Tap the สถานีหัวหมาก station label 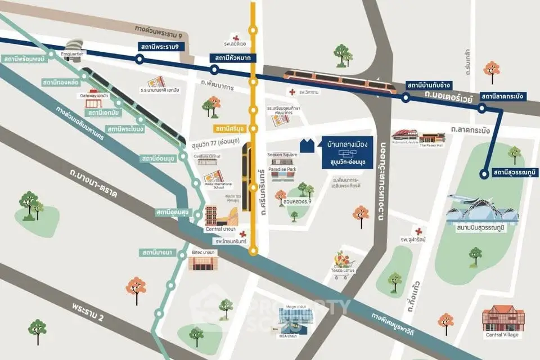pos(233,58)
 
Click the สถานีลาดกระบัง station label pos(502,97)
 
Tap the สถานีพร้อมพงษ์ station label pos(23,58)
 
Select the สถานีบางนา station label pos(157,252)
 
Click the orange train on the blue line pos(340,80)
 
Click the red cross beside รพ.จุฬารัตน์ pos(418,231)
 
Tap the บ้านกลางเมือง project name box pos(347,149)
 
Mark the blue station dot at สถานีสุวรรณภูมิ pos(483,174)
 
